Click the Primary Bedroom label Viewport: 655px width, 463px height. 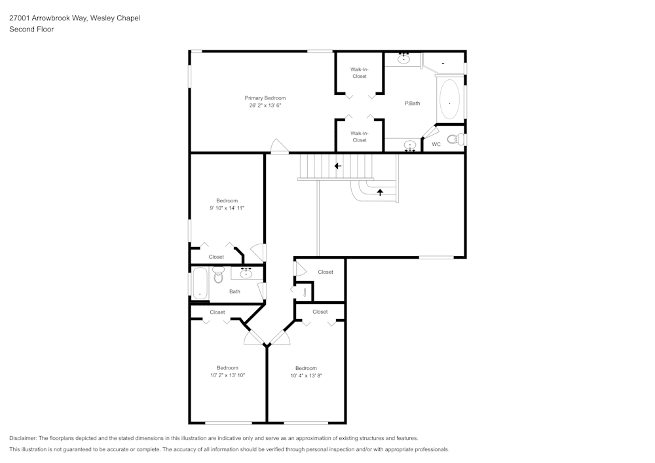pyautogui.click(x=265, y=98)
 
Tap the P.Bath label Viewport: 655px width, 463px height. pyautogui.click(x=412, y=103)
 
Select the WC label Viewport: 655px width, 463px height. pyautogui.click(x=436, y=144)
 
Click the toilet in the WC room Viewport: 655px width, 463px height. pyautogui.click(x=454, y=139)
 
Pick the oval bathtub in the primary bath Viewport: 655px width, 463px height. pyautogui.click(x=449, y=102)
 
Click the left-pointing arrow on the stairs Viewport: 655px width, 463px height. pyautogui.click(x=338, y=166)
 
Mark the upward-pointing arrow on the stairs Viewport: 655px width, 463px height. pyautogui.click(x=380, y=193)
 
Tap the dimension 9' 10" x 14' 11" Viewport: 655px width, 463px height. pyautogui.click(x=227, y=208)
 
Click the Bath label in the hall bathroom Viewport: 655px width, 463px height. pyautogui.click(x=234, y=291)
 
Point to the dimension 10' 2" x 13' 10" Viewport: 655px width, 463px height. pyautogui.click(x=227, y=376)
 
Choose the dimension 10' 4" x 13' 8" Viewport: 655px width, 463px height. pyautogui.click(x=306, y=376)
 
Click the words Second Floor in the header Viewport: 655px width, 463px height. pyautogui.click(x=31, y=29)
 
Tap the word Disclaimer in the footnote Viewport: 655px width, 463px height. pyautogui.click(x=23, y=438)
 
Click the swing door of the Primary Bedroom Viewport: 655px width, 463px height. pyautogui.click(x=278, y=147)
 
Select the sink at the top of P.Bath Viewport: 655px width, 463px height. pyautogui.click(x=404, y=59)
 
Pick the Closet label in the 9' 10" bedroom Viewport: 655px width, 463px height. pyautogui.click(x=216, y=257)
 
